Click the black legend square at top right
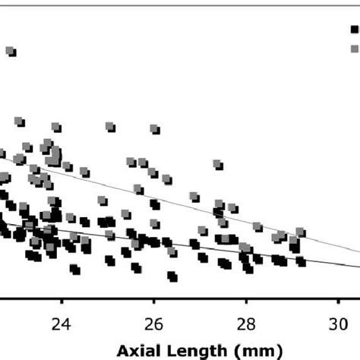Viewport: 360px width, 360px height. point(354,29)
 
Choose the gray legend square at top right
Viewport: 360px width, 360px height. point(354,47)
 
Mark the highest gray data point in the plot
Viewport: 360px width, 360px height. point(11,51)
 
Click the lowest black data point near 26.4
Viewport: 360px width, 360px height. point(172,276)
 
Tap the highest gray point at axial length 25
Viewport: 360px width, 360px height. point(110,126)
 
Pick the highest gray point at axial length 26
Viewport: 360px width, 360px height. point(155,128)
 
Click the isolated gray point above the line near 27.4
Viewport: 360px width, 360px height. point(218,164)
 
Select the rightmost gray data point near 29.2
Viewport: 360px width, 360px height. point(301,231)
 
